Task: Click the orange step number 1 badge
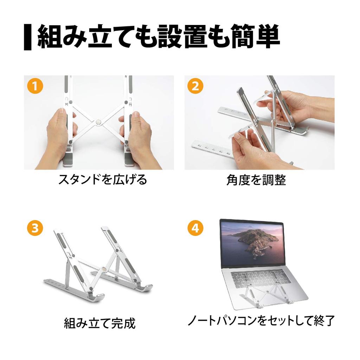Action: (35, 86)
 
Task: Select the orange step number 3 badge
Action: (35, 228)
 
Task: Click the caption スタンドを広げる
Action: (102, 180)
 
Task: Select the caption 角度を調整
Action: (256, 180)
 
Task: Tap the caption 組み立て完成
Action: (99, 323)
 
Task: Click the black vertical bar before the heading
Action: (28, 37)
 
